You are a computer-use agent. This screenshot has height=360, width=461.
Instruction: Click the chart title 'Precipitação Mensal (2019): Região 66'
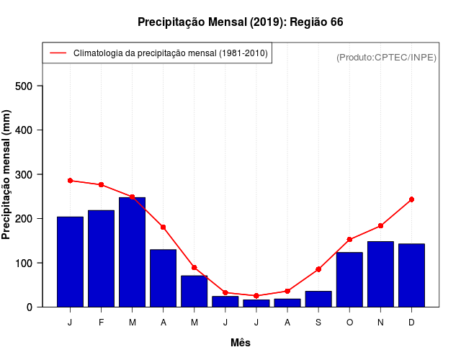click(241, 22)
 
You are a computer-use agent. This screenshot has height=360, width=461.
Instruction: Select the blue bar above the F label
click(101, 258)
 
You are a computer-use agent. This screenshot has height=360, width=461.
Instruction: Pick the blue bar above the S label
click(318, 299)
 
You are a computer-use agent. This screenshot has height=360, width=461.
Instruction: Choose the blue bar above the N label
click(380, 274)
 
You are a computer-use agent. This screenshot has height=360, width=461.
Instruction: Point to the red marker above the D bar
click(411, 199)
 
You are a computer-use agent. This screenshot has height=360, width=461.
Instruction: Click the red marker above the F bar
click(101, 185)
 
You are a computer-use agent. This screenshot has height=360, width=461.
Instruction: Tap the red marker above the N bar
click(380, 226)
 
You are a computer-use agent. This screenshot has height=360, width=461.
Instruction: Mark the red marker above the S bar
click(318, 269)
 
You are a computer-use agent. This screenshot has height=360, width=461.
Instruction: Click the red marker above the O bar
click(349, 240)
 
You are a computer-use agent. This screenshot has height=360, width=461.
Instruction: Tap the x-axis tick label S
click(318, 323)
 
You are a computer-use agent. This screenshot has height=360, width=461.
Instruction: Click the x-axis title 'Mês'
click(241, 343)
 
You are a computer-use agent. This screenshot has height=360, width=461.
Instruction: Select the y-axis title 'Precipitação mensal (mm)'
click(7, 175)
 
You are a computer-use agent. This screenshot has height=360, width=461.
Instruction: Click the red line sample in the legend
click(58, 53)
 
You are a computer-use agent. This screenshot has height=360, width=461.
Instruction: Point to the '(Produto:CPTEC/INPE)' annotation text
click(386, 57)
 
